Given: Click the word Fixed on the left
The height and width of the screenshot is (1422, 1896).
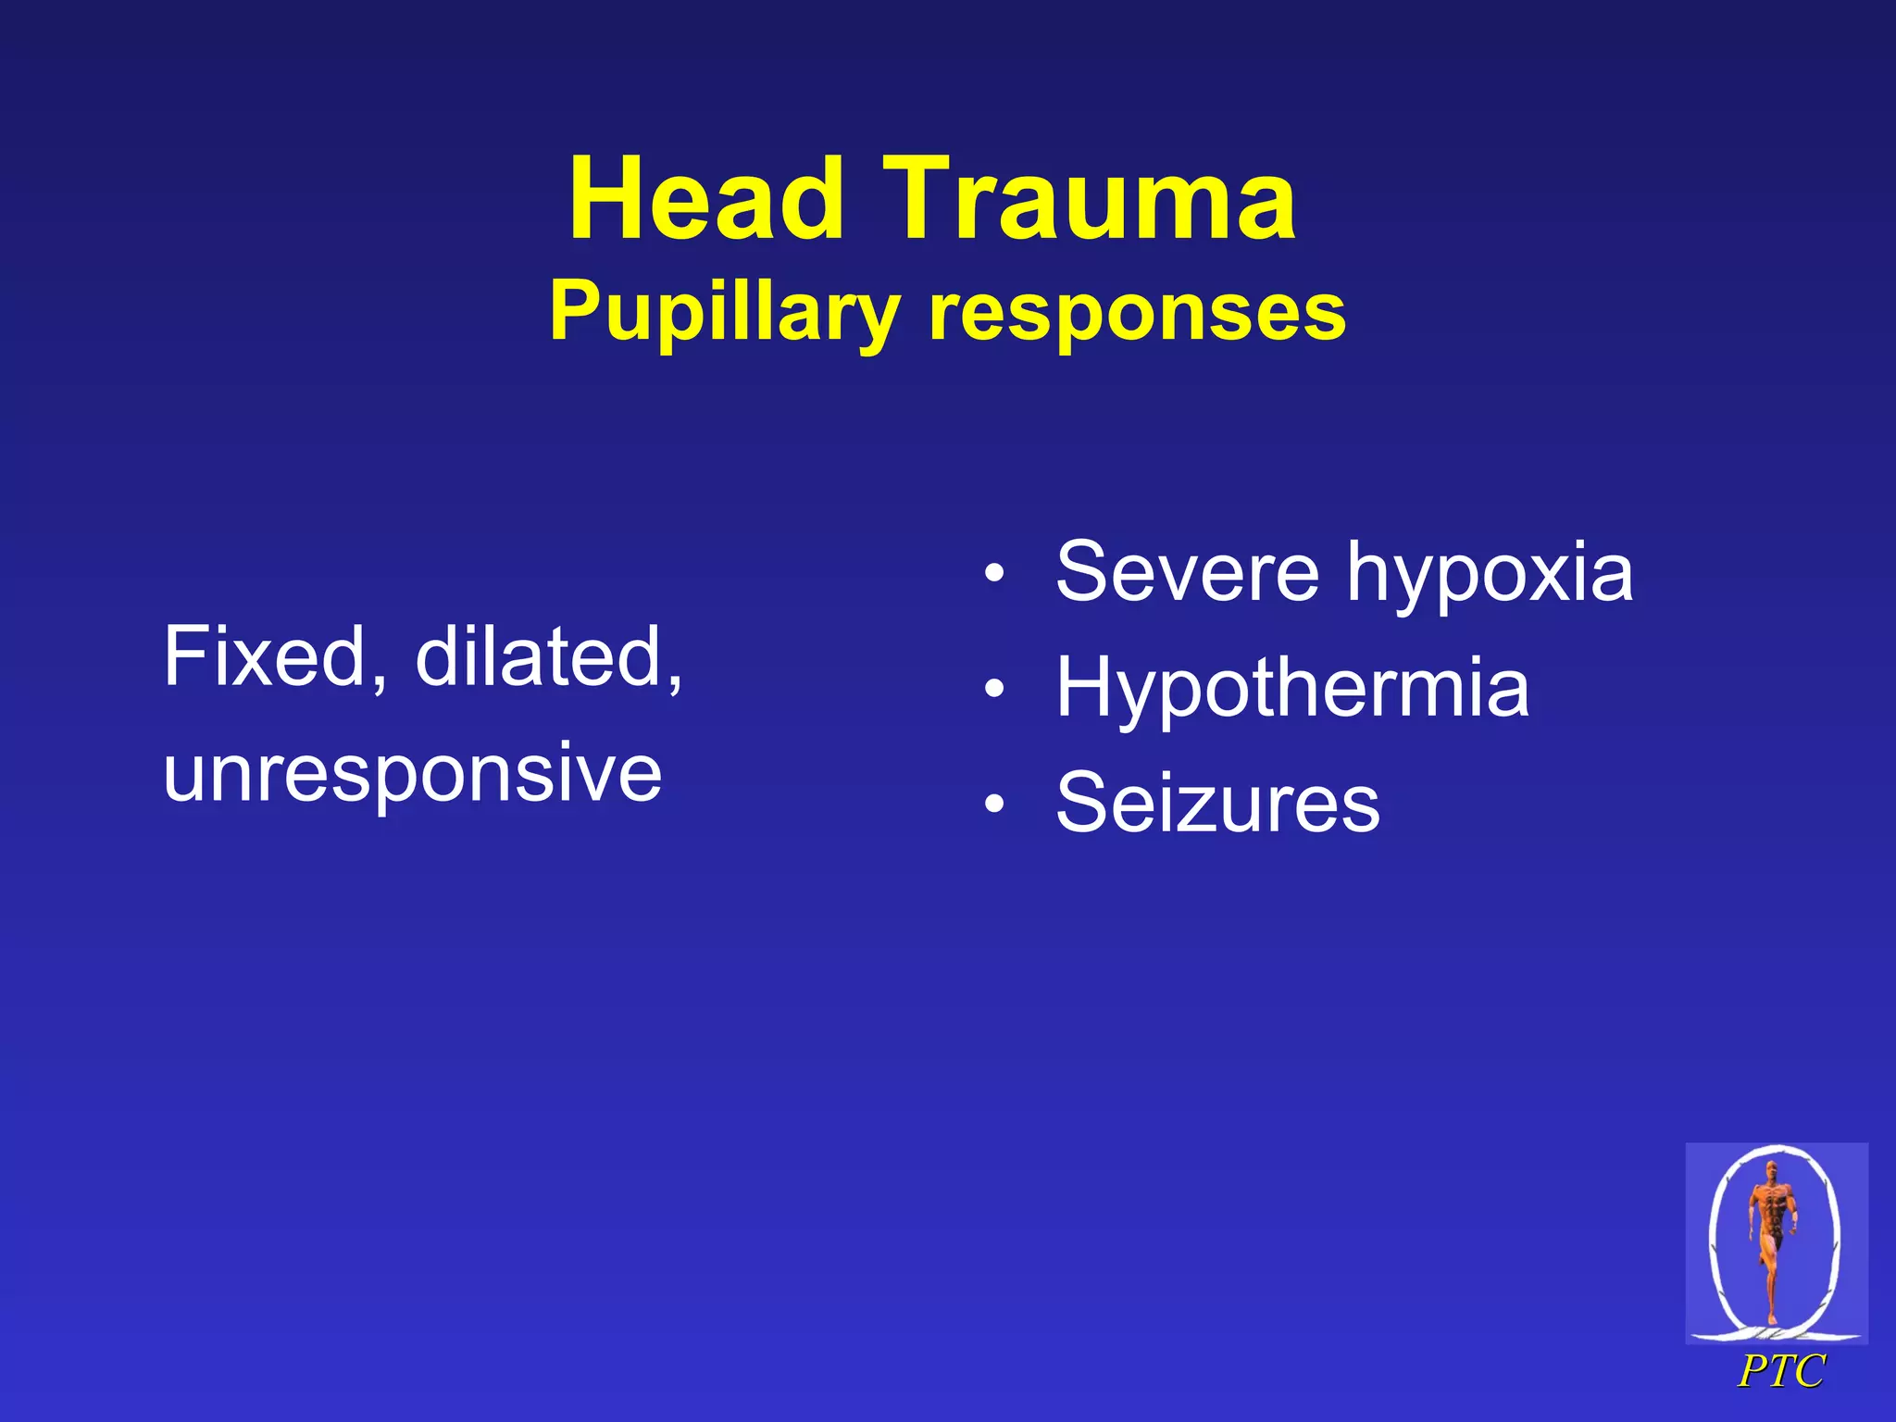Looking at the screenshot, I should (x=265, y=657).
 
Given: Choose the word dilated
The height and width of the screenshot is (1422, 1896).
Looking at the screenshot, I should (x=542, y=657).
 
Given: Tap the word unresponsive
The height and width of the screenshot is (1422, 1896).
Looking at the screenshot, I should (x=413, y=773).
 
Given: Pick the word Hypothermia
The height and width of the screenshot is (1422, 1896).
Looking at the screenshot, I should (x=1292, y=688).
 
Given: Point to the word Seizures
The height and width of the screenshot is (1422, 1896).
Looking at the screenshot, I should (x=1217, y=803).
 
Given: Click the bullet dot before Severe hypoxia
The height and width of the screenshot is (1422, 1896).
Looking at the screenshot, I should (x=994, y=574).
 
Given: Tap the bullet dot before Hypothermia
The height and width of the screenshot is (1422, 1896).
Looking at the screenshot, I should (x=994, y=689).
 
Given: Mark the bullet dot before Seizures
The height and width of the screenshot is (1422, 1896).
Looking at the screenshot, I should (x=994, y=804).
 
